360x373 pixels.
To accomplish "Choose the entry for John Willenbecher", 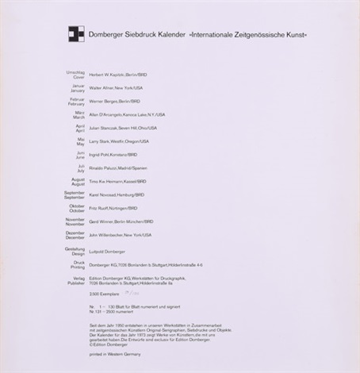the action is click(108, 235).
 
